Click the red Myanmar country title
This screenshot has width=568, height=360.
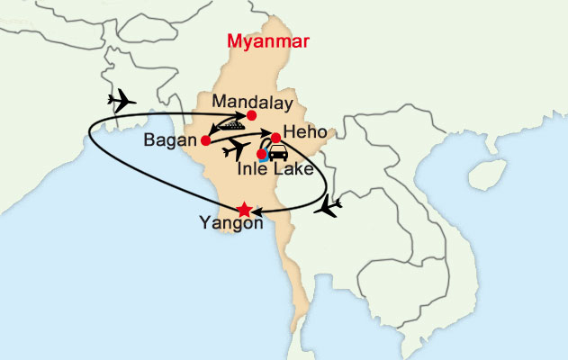(268, 41)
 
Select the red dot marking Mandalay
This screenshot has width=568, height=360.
(251, 115)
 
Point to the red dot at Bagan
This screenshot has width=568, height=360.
(205, 141)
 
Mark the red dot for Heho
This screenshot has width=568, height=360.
(276, 138)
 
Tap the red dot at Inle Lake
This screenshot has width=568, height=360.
(261, 154)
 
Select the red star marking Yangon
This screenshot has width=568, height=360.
(243, 210)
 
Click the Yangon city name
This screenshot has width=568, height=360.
(230, 225)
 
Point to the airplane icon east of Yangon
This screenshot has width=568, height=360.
(330, 209)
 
